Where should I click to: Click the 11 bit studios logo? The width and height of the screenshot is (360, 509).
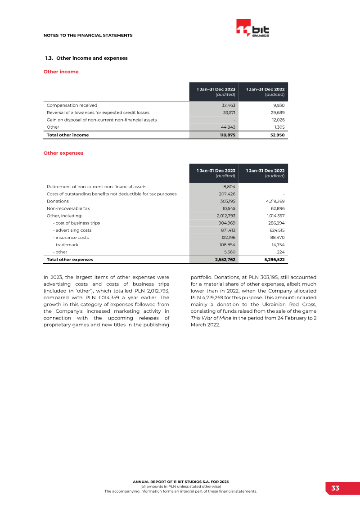(253, 29)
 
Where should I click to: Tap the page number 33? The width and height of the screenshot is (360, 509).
(335, 488)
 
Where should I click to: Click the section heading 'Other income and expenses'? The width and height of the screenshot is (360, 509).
(92, 58)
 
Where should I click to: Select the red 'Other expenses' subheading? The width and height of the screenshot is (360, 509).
(63, 153)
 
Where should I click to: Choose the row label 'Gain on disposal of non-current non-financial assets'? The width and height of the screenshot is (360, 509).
(102, 120)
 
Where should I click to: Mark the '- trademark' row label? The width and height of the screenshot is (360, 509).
(65, 245)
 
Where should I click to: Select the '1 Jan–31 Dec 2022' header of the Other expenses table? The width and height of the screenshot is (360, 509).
(265, 171)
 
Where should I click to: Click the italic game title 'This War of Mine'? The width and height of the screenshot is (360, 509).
(208, 318)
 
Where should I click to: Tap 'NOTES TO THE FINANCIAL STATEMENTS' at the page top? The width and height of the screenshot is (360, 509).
(88, 35)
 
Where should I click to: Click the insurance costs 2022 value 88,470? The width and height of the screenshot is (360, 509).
(276, 238)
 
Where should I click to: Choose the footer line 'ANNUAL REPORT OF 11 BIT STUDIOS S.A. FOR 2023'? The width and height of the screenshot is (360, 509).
(180, 482)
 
